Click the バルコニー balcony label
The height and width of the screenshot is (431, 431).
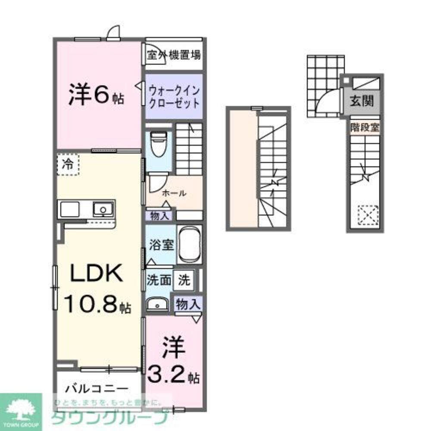pos(97,388)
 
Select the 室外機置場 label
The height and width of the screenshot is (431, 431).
pos(173,55)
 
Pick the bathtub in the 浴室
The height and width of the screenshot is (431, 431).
pos(190,244)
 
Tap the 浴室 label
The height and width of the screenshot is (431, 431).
pos(162,245)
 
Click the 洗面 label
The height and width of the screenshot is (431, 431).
pos(159,281)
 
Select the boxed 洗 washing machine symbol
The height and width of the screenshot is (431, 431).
pos(184,281)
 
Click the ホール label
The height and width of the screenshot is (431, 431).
pos(174,194)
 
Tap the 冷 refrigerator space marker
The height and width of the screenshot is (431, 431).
pos(68,165)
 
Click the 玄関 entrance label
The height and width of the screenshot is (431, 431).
pos(361,102)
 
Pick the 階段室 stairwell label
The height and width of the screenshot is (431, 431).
pos(365,128)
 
